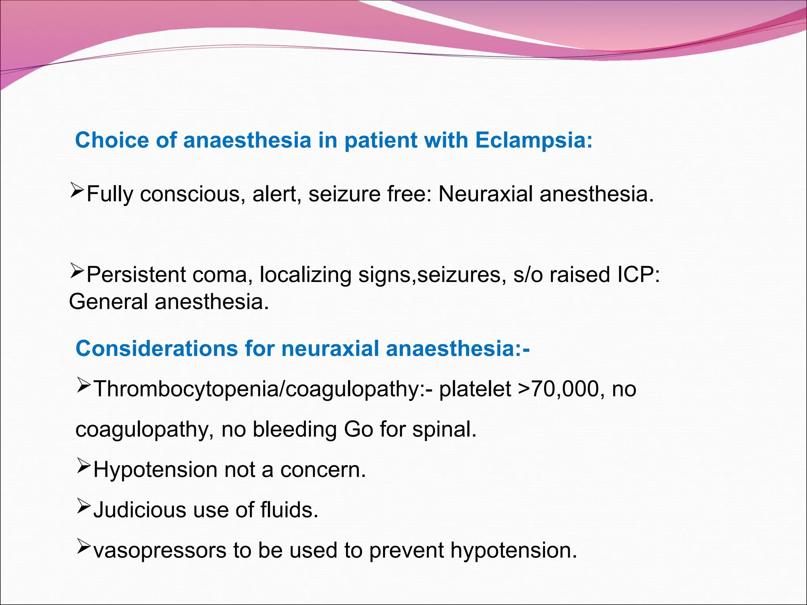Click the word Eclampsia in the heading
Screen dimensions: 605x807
(x=534, y=140)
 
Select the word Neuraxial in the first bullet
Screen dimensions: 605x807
(x=485, y=194)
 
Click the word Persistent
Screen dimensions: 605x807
(x=136, y=275)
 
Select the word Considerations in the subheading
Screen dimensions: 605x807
(x=157, y=349)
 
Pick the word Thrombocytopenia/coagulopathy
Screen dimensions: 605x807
(x=258, y=390)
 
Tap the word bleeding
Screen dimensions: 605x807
(x=294, y=429)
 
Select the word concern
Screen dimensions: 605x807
(x=323, y=470)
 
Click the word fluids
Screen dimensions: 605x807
(x=289, y=510)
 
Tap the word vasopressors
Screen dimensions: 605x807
(x=160, y=551)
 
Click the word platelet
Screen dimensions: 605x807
(x=475, y=389)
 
